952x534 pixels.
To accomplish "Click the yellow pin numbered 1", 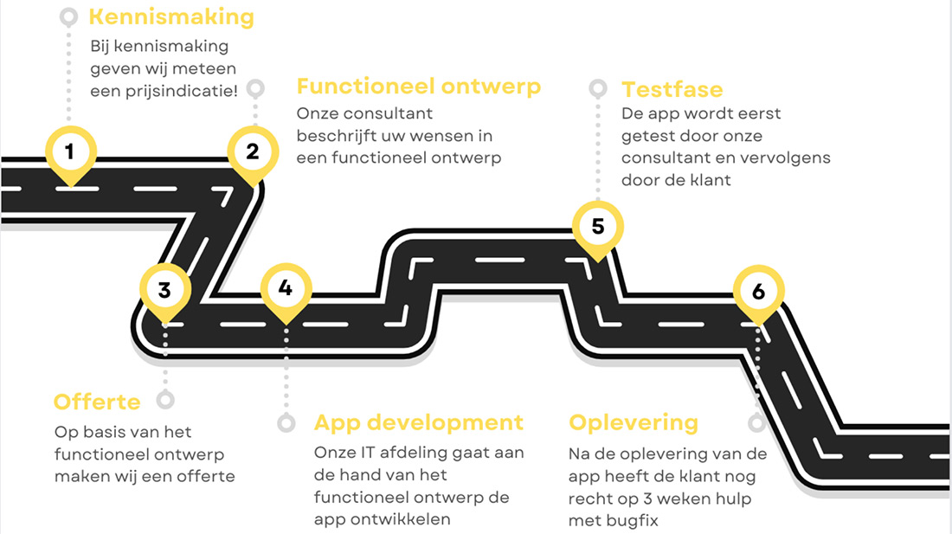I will click(x=69, y=153).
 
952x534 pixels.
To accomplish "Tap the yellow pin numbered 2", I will click(x=252, y=152).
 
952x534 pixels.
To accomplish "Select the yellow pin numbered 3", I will click(x=164, y=289).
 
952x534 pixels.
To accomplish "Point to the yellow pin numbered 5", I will click(x=597, y=228).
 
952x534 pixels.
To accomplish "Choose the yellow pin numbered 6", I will click(x=758, y=292).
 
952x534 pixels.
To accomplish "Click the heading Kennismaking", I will click(x=171, y=17).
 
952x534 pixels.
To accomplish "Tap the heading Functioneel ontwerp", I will click(x=418, y=87).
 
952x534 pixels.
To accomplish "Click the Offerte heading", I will click(x=97, y=402).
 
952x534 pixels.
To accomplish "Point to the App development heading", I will click(x=418, y=422).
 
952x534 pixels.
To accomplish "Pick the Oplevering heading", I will click(x=634, y=422).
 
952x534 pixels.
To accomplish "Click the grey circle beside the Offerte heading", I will click(x=165, y=400).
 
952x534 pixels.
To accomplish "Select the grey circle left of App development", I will click(x=286, y=423).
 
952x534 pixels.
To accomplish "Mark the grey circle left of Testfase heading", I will click(x=597, y=88).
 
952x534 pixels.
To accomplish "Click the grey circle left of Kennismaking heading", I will click(x=69, y=17).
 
